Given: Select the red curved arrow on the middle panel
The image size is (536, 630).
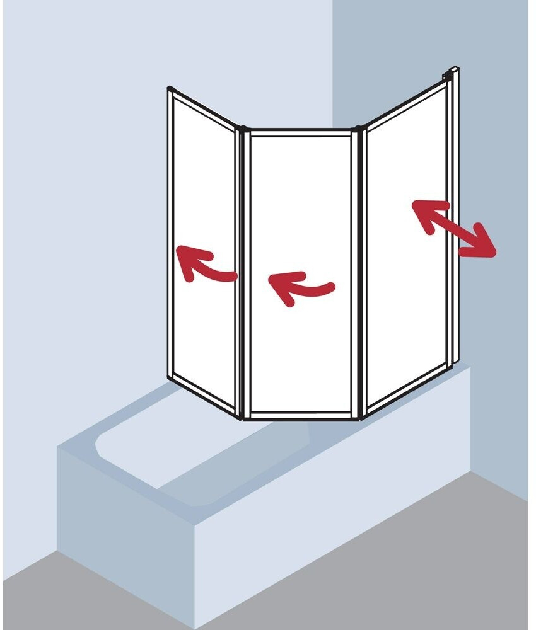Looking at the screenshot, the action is (300, 287).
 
